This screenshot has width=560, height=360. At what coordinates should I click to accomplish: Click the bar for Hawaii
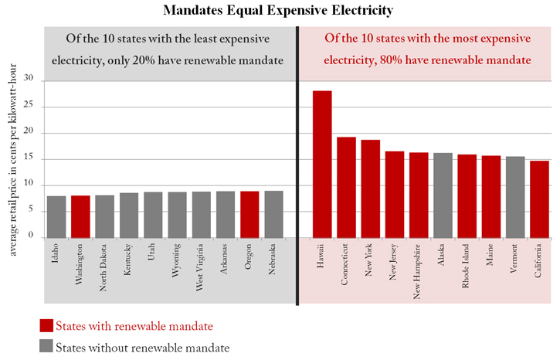[x=322, y=164]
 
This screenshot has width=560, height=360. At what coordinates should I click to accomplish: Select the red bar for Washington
[x=80, y=216]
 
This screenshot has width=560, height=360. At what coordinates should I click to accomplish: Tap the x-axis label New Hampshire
[x=419, y=270]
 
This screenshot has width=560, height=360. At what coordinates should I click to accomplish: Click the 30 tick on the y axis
[x=30, y=79]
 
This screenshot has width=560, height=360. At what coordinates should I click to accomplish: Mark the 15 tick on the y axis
[x=30, y=158]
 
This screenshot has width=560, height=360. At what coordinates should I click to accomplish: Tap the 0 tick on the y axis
[x=32, y=237]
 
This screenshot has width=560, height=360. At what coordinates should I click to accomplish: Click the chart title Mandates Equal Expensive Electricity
[x=280, y=10]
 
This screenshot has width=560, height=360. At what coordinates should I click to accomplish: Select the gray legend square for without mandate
[x=46, y=347]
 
